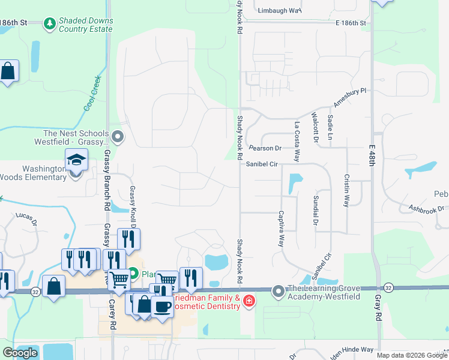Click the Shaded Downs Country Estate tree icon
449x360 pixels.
(x=50, y=23)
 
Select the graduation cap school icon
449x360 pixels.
(x=77, y=160)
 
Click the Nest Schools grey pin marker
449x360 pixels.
(x=118, y=137)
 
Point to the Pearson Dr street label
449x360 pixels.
(x=265, y=148)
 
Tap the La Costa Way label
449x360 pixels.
(x=297, y=141)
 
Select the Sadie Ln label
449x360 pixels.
(x=330, y=128)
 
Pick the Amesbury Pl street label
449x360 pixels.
(x=349, y=97)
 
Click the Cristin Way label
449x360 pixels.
(x=346, y=191)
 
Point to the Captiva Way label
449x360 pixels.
(x=280, y=228)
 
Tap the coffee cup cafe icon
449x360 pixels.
(x=162, y=307)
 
